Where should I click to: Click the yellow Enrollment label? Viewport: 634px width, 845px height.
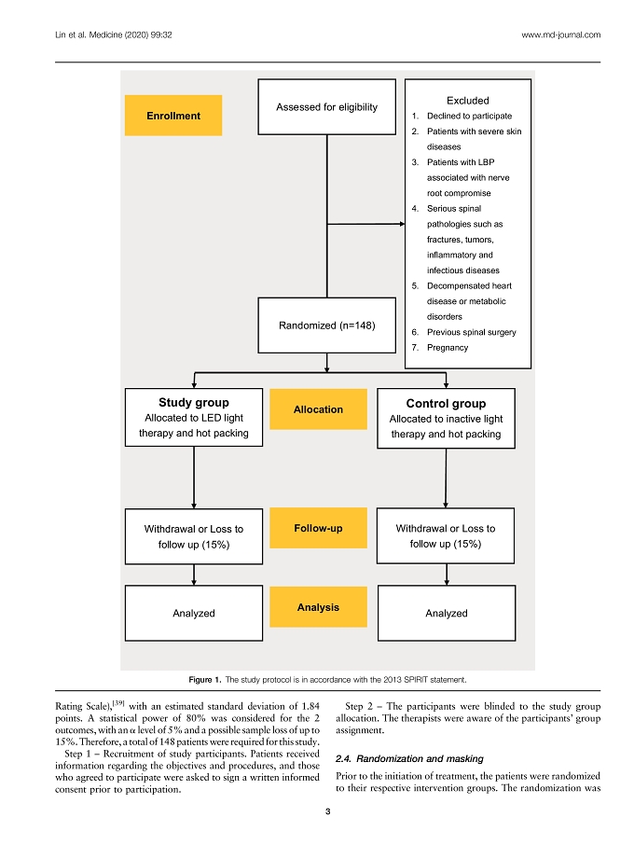[172, 116]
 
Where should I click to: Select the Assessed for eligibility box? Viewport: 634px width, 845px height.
[326, 106]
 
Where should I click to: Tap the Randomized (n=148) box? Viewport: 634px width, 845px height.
[326, 325]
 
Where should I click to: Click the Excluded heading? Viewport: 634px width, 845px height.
[467, 100]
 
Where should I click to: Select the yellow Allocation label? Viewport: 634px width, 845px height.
[318, 409]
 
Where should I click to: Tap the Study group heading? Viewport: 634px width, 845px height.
[193, 402]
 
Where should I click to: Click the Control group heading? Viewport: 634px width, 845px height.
[446, 403]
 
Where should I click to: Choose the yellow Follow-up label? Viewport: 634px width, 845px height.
[318, 528]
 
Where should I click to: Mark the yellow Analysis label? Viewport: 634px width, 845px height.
[318, 607]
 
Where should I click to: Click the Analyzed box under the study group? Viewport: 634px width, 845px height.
[193, 613]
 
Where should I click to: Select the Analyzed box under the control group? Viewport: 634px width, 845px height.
[446, 613]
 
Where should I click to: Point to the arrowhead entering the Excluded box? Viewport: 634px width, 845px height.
[402, 224]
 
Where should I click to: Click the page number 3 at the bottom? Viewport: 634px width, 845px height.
[327, 811]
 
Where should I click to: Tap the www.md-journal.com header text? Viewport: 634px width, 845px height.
[560, 35]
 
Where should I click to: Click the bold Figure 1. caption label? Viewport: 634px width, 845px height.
[205, 680]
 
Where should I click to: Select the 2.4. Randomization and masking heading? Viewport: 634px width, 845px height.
[409, 758]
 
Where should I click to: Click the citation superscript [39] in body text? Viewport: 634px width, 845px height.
[118, 703]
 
